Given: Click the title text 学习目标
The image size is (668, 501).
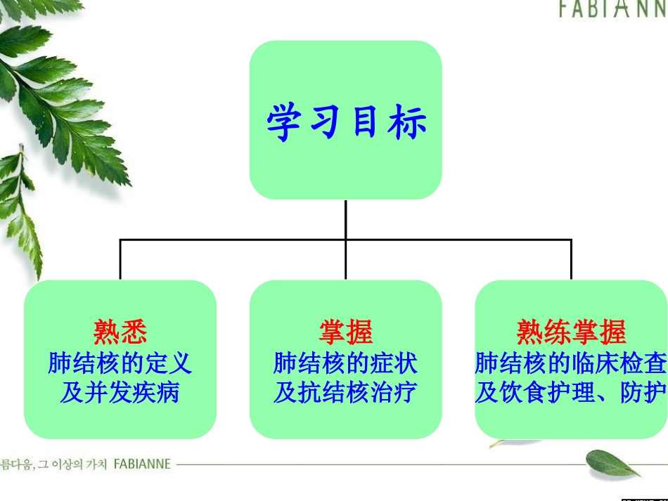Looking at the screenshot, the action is click(346, 122).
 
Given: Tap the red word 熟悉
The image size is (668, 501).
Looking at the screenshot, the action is click(120, 332).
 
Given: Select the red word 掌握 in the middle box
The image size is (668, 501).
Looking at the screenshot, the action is click(346, 332).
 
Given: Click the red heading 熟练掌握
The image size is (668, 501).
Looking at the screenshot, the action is click(571, 332).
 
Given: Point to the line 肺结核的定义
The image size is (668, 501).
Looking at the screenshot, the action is click(120, 363).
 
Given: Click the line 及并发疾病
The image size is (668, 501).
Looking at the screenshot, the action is click(120, 392).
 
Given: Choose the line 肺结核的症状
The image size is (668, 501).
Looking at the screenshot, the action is click(346, 363).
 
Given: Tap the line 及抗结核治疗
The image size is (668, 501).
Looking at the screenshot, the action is click(346, 392).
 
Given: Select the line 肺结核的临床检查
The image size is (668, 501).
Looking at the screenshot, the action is click(571, 363).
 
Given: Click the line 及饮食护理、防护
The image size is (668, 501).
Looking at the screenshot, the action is click(571, 392).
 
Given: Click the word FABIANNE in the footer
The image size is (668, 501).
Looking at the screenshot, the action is click(141, 464).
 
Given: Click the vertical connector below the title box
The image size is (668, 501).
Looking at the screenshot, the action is click(346, 219).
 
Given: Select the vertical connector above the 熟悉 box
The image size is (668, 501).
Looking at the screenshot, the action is click(120, 260).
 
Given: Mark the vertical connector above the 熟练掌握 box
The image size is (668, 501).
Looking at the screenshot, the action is click(571, 260).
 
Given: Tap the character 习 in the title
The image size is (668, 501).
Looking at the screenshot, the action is click(325, 122).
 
